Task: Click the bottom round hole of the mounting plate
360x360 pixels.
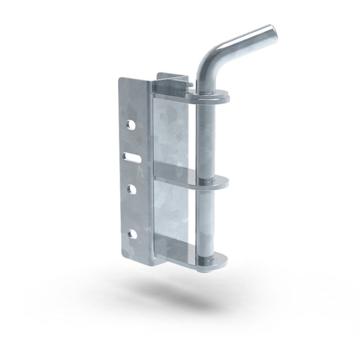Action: coord(132,235)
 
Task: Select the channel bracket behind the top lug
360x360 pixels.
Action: coord(172,80)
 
